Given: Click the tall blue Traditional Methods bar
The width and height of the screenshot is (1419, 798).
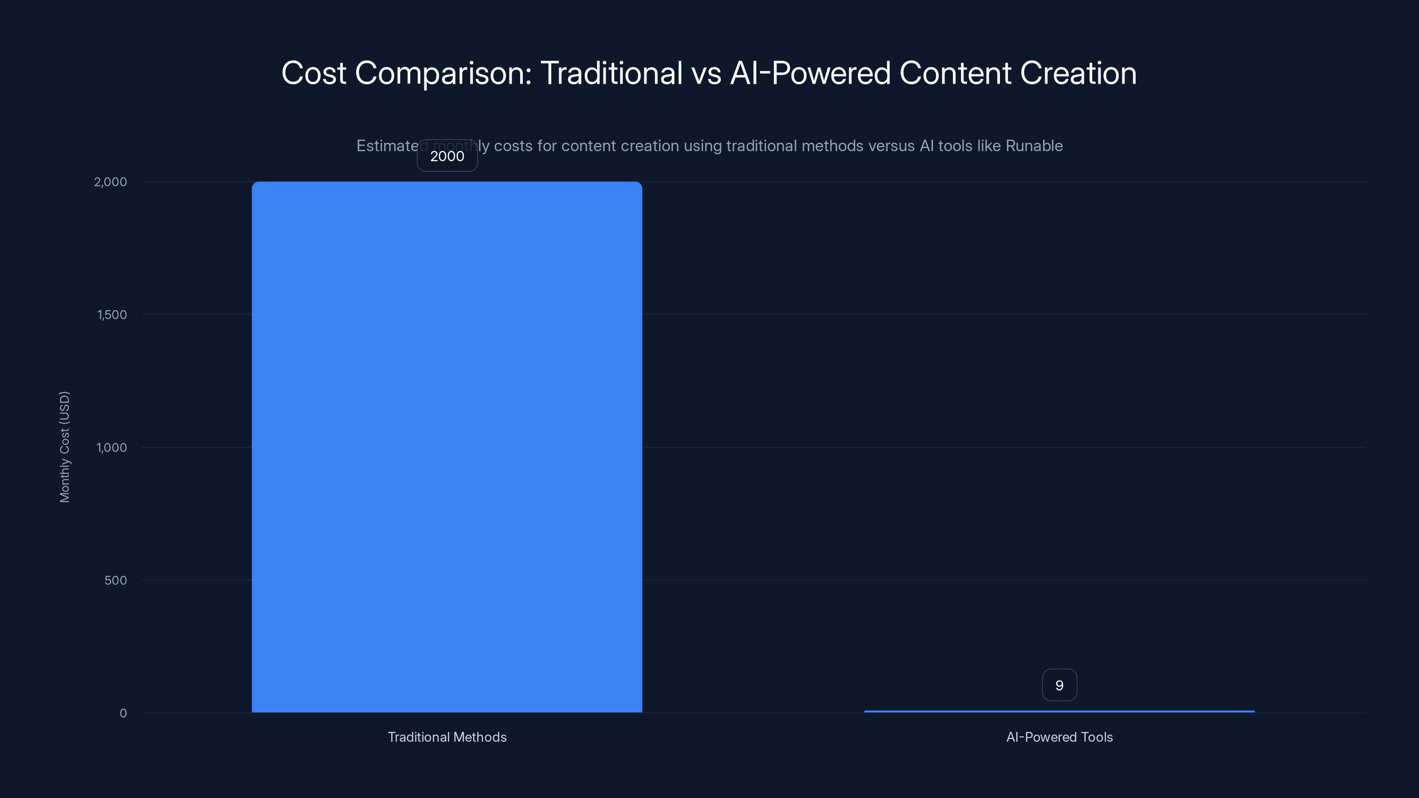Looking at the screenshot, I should point(447,446).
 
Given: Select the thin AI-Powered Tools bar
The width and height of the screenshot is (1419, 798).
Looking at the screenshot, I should point(1059,712).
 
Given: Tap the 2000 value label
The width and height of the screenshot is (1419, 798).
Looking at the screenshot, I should point(447,156).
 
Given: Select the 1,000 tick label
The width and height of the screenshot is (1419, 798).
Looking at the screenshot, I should point(112,448).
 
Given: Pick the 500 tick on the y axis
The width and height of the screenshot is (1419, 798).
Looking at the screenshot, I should point(115,580).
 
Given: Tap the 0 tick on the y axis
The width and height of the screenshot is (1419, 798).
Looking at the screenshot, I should point(123,714).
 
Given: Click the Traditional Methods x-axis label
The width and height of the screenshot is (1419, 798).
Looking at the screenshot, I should point(447,737).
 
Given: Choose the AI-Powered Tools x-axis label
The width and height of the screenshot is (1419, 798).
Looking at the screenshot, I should point(1059,737).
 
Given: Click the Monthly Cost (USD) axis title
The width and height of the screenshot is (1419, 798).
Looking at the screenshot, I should point(64,446).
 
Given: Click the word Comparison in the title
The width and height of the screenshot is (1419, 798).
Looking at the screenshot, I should point(443,73).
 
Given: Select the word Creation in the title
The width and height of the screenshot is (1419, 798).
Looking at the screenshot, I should point(1078,73).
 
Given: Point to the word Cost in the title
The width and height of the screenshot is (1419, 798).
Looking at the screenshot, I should point(314,73).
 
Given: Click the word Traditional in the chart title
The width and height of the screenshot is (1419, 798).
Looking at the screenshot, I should point(611,73).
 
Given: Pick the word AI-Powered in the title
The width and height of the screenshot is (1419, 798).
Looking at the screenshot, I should point(810,73).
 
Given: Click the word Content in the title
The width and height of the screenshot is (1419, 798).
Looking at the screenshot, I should point(955,73).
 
